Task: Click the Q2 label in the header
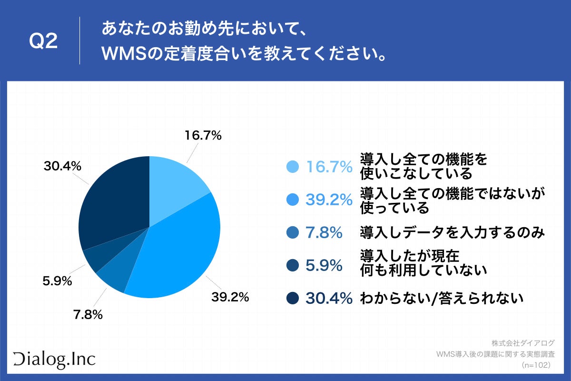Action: [x=43, y=42]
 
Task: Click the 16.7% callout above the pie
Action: [x=203, y=136]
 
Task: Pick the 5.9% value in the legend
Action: [x=324, y=266]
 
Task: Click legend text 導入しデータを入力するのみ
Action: [x=452, y=233]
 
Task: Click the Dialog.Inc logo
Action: [x=54, y=358]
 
